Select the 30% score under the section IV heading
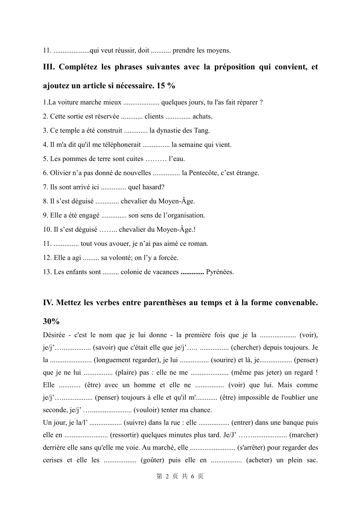51,322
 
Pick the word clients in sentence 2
154,117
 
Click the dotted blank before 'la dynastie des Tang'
136,131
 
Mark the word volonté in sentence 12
116,258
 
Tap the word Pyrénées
220,272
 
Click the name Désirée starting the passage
54,335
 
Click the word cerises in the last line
53,460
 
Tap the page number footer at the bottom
180,476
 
